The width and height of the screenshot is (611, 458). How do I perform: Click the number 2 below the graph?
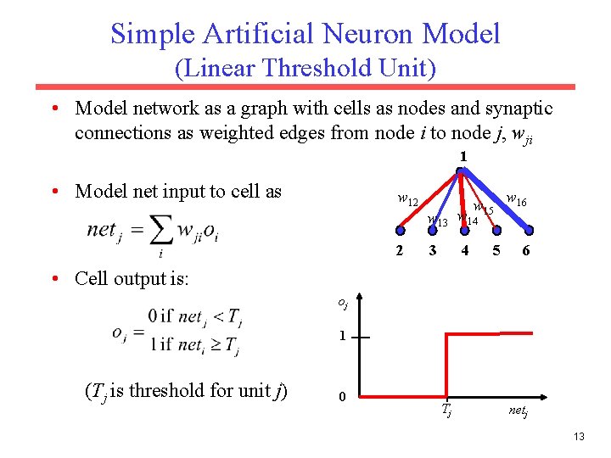(400, 250)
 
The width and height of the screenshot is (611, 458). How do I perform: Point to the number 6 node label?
(527, 250)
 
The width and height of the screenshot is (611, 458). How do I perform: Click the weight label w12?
(408, 199)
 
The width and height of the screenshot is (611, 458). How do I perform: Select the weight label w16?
(516, 199)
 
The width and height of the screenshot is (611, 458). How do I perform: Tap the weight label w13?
(437, 221)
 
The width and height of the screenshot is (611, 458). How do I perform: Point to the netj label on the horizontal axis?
(519, 412)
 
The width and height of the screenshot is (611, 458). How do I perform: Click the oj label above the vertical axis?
(341, 302)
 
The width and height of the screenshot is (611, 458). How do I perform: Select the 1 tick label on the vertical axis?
(340, 336)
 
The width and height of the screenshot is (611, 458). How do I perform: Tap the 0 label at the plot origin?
(340, 397)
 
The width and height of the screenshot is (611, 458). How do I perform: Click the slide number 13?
(580, 436)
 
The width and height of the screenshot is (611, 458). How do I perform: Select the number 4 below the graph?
(464, 250)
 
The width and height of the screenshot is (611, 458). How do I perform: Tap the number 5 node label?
(496, 250)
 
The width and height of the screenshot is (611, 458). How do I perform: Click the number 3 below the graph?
(433, 250)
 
